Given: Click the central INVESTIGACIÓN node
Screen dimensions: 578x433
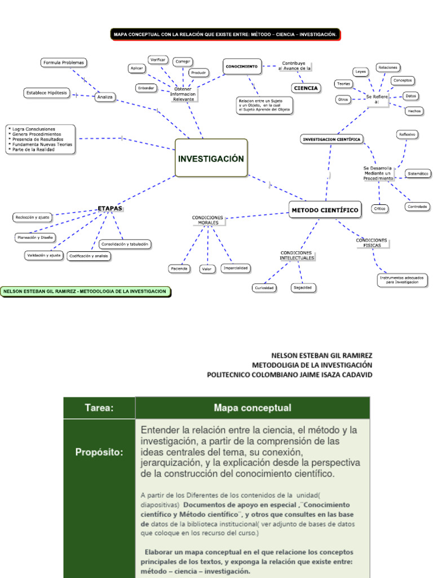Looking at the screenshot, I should [x=211, y=158].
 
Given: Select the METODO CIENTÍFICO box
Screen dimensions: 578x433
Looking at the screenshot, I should [x=325, y=210].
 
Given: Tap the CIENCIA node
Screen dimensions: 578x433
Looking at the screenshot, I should [x=306, y=88].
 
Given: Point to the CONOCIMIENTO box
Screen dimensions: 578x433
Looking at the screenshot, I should [x=242, y=67].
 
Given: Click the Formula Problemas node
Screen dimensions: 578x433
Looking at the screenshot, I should [x=64, y=63].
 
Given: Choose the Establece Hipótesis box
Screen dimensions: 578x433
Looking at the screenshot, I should [x=46, y=93].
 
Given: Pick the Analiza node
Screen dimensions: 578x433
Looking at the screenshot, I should [x=105, y=97].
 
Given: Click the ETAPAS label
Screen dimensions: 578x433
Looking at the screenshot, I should [x=110, y=208].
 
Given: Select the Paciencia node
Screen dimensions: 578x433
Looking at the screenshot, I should [x=179, y=269].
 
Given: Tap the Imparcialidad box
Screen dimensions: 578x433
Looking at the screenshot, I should [x=236, y=268].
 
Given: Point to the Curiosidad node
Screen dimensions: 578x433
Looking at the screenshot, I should [x=264, y=288].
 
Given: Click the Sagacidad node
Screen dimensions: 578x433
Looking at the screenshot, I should [x=303, y=287].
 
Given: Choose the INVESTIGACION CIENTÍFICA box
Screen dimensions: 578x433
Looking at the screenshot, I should [x=332, y=139].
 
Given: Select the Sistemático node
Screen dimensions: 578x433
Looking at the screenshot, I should [x=418, y=173].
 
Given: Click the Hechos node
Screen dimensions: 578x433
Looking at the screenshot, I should [x=414, y=111].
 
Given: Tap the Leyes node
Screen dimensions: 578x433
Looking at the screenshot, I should [x=360, y=72].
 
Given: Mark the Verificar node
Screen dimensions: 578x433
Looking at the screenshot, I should [x=158, y=59].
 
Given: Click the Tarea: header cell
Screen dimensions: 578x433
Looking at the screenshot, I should [x=99, y=408].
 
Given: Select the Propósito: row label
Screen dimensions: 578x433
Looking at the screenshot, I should [x=99, y=452].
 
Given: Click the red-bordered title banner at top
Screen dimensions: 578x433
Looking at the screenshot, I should [x=225, y=34].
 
